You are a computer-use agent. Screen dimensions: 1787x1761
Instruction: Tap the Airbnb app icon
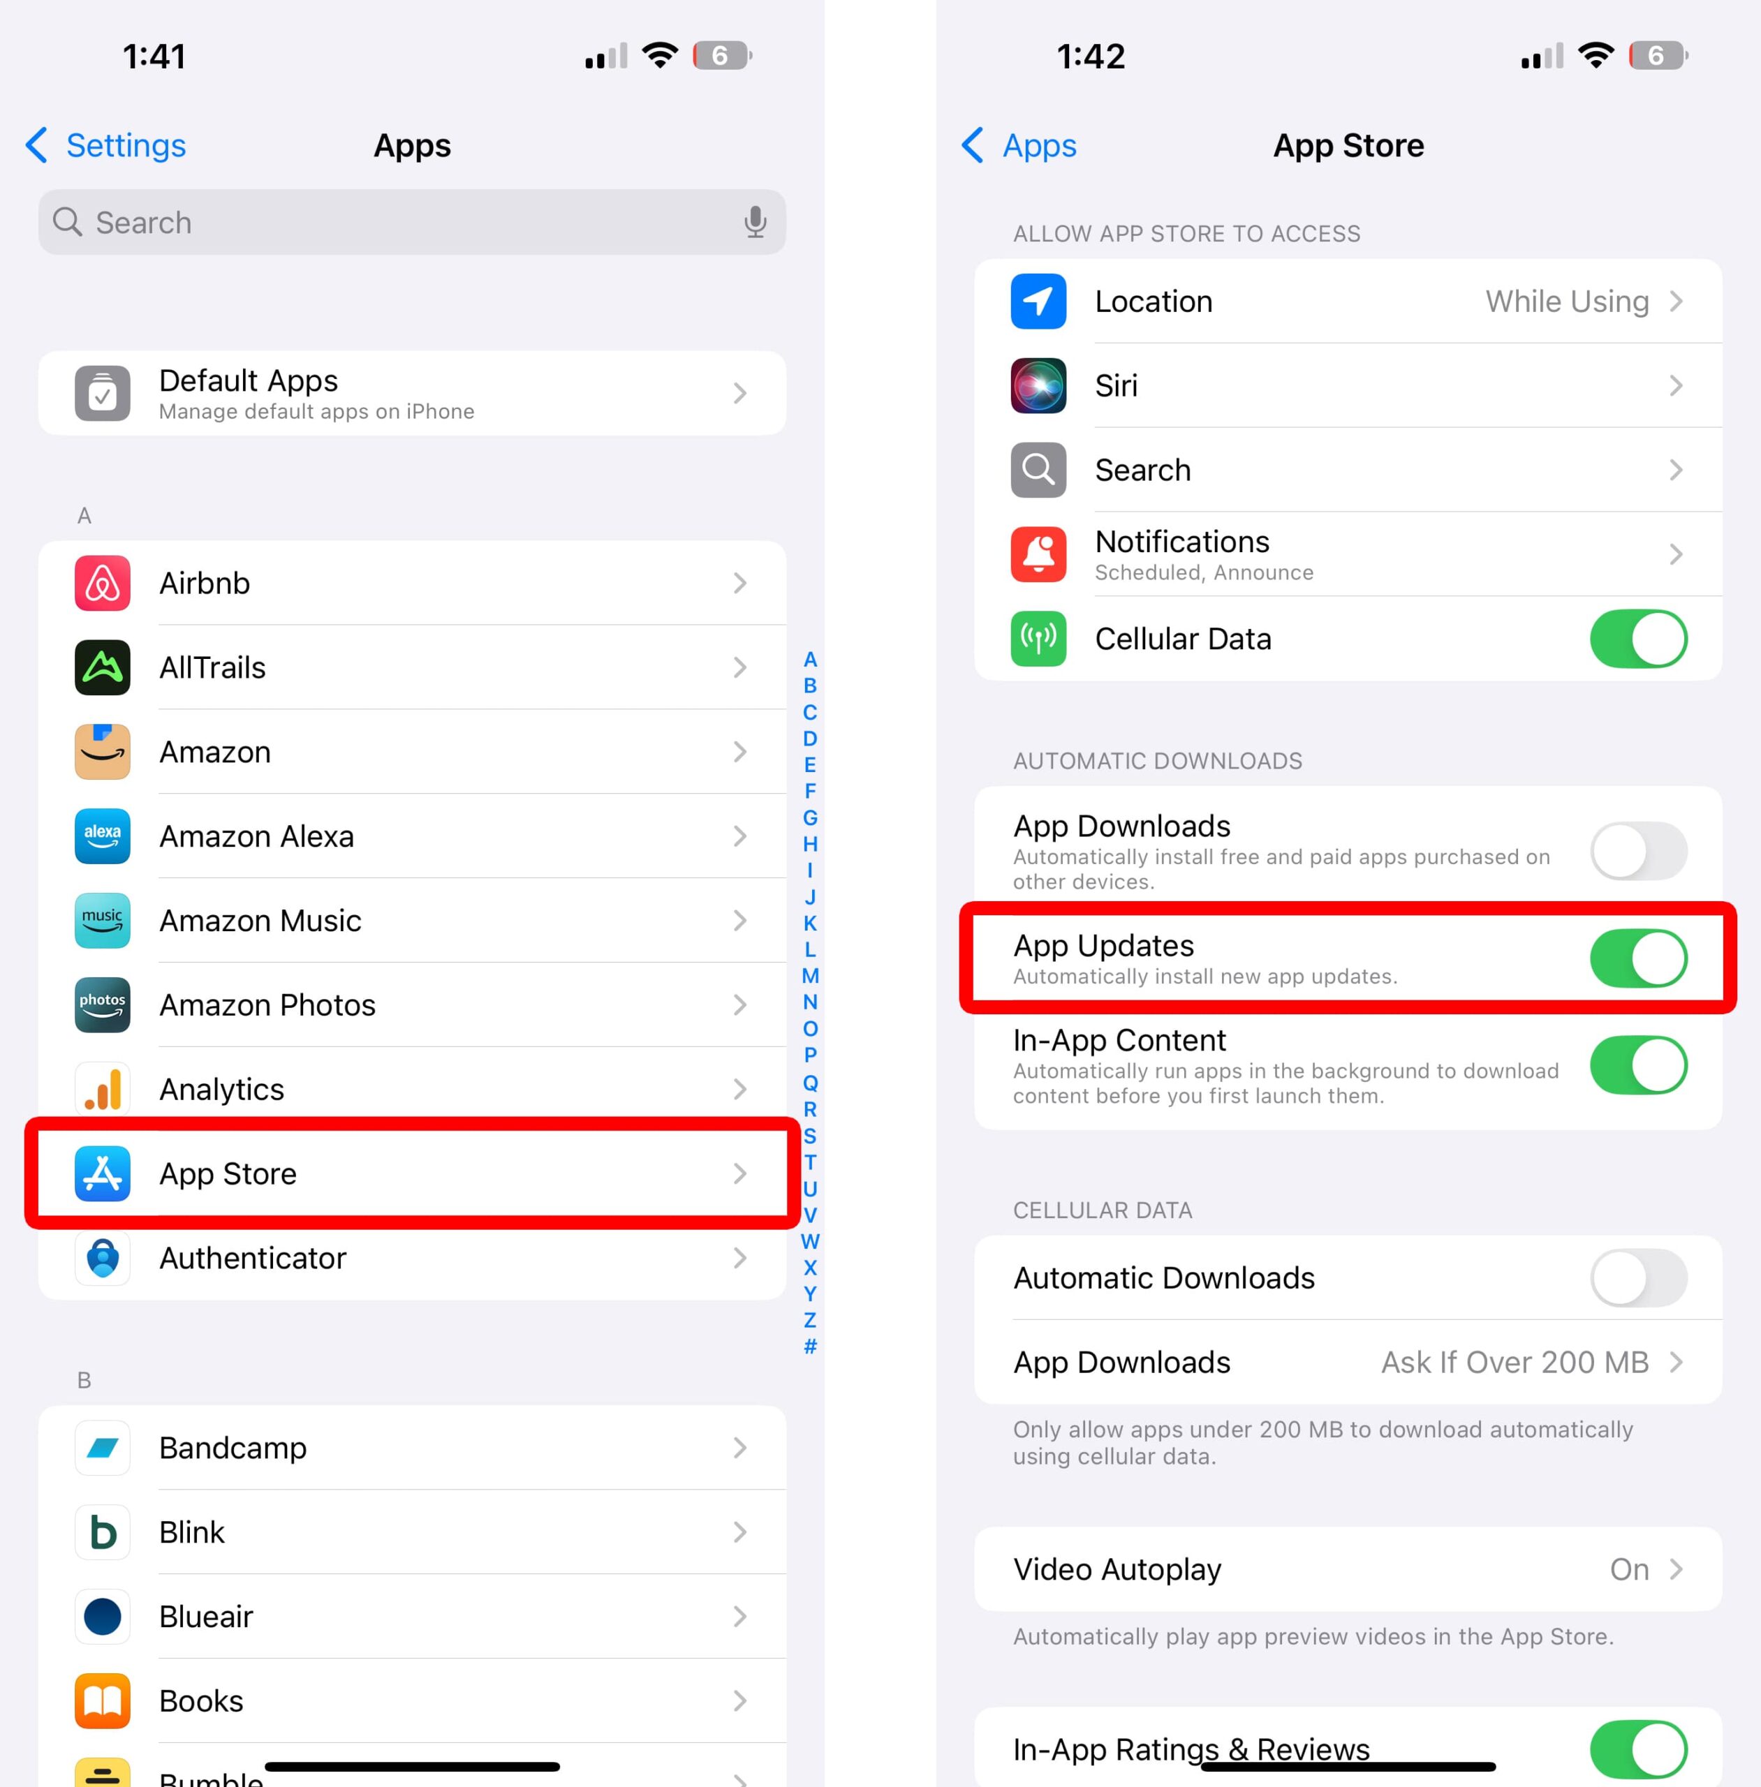102,584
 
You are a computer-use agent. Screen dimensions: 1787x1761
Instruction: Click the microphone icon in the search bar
755,223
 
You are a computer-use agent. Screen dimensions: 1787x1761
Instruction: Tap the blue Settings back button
105,146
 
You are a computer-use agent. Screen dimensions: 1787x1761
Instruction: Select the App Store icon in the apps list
102,1173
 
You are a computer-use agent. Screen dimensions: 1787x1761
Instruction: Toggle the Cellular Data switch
1637,639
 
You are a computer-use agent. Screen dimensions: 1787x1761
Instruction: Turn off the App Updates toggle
1637,958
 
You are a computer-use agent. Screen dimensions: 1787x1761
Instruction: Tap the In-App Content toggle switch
1637,1066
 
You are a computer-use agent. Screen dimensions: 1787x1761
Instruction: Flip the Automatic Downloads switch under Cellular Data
1637,1277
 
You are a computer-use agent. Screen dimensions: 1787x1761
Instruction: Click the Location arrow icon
1038,302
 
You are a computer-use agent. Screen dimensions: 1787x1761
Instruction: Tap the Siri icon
1038,385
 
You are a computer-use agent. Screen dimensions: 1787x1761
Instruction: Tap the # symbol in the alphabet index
810,1346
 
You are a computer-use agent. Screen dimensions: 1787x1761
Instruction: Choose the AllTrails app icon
102,667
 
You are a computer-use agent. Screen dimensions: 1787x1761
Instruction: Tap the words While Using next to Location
1567,302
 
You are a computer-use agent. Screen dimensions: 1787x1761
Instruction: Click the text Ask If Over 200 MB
1514,1362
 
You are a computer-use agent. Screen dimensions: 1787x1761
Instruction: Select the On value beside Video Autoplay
1629,1569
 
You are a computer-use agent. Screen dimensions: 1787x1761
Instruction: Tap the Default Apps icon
102,394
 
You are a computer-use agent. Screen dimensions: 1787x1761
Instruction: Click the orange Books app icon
102,1701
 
